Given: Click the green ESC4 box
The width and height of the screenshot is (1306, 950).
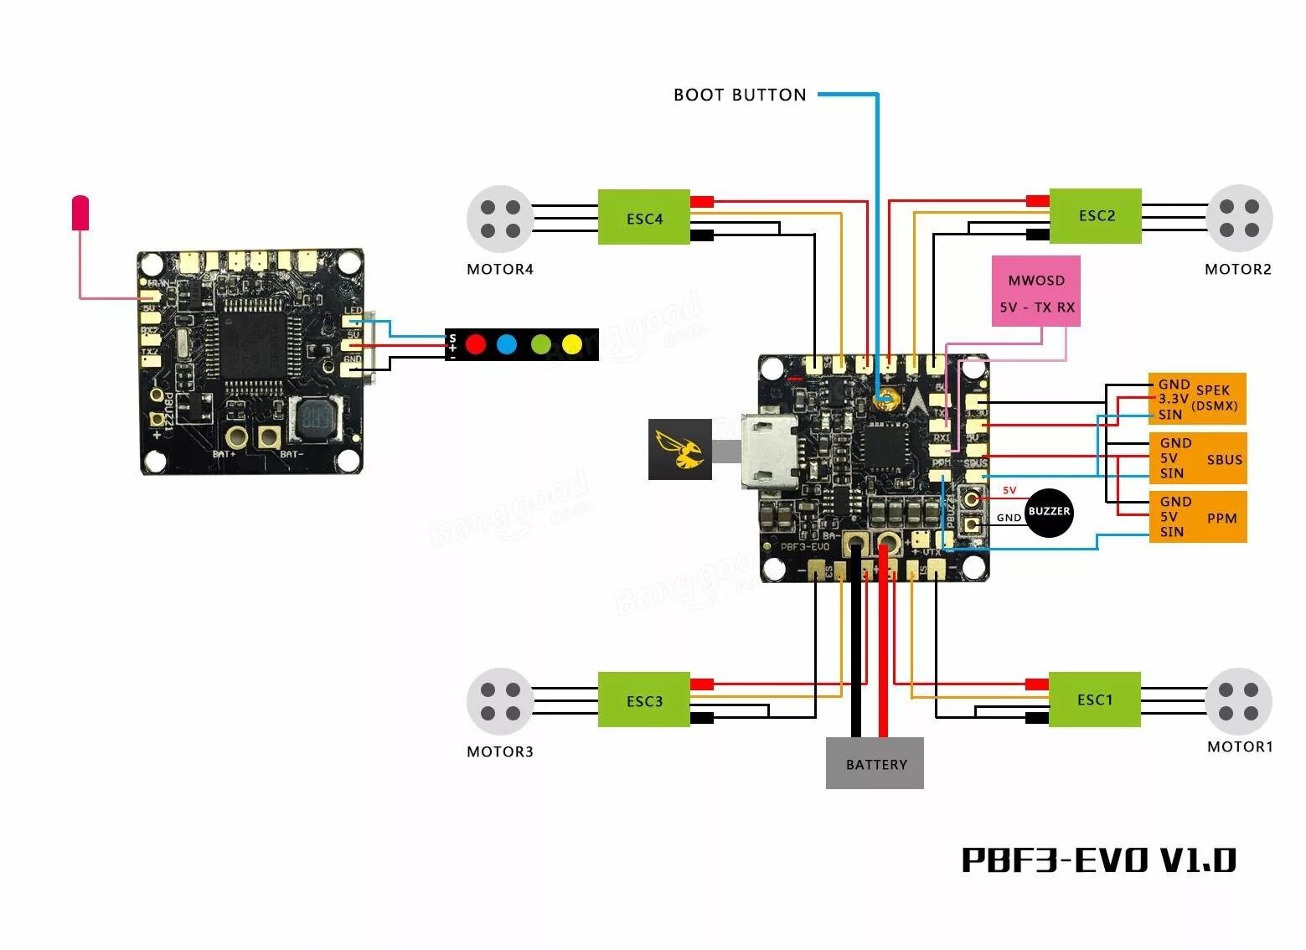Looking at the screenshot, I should point(643,218).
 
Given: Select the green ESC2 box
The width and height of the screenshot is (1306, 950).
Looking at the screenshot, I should point(1095,216).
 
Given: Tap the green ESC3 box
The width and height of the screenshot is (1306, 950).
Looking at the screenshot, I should point(643,700).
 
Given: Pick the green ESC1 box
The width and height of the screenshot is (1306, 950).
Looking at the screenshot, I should point(1094,700).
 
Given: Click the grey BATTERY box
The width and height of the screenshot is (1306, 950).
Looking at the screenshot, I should point(875,763).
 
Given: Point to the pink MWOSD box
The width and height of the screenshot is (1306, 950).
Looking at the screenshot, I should point(1036,291).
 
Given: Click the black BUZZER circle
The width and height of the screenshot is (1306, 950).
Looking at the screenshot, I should point(1049,512).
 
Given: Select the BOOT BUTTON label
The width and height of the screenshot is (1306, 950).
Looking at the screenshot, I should point(740,95).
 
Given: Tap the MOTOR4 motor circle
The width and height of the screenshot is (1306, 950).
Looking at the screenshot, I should point(500,219).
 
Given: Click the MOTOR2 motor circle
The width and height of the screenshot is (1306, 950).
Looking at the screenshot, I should point(1239,218).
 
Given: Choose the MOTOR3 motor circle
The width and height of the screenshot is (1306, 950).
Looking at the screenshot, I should point(500,701).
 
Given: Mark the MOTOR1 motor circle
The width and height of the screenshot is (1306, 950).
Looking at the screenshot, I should point(1238,701).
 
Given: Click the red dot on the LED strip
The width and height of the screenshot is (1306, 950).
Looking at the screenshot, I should point(476,343).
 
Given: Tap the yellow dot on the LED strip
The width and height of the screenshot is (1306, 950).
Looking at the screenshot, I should point(572,343).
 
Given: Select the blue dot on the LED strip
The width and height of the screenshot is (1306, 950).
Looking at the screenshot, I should point(507,343).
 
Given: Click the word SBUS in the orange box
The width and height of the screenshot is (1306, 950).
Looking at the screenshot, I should point(1224,459).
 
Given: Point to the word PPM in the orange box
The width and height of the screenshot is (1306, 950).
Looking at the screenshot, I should point(1221,518).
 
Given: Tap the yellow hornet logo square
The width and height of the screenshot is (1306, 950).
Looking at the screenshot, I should point(679,450).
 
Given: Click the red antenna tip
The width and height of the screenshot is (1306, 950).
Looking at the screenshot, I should point(80,213).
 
